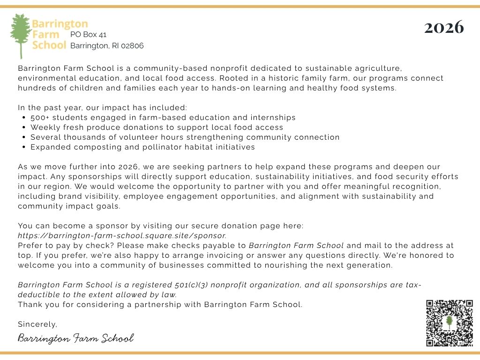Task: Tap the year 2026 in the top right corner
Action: point(443,27)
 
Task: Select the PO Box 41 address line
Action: point(89,35)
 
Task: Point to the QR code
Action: point(450,323)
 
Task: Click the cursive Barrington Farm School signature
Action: point(76,338)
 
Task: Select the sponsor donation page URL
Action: point(122,235)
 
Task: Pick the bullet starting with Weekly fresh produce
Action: point(157,127)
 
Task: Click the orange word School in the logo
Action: point(49,45)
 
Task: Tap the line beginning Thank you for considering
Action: point(160,305)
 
